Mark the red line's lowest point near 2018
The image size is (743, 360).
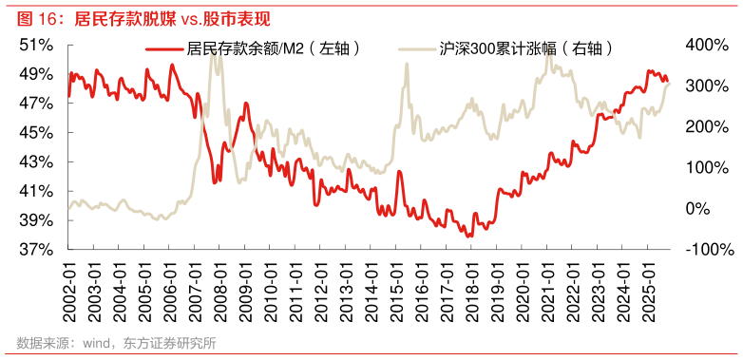tap(469, 237)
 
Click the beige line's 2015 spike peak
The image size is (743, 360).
tap(407, 64)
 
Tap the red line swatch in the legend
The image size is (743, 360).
tap(163, 48)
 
